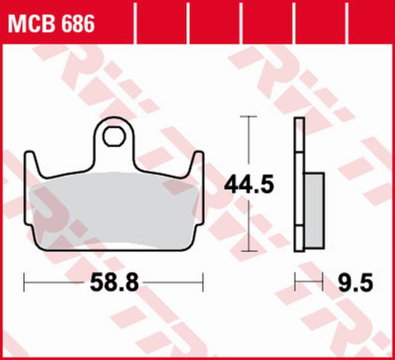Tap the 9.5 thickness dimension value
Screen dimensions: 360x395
point(356,284)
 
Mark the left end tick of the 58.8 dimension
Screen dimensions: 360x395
point(26,284)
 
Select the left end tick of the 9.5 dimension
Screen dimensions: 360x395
point(295,284)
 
